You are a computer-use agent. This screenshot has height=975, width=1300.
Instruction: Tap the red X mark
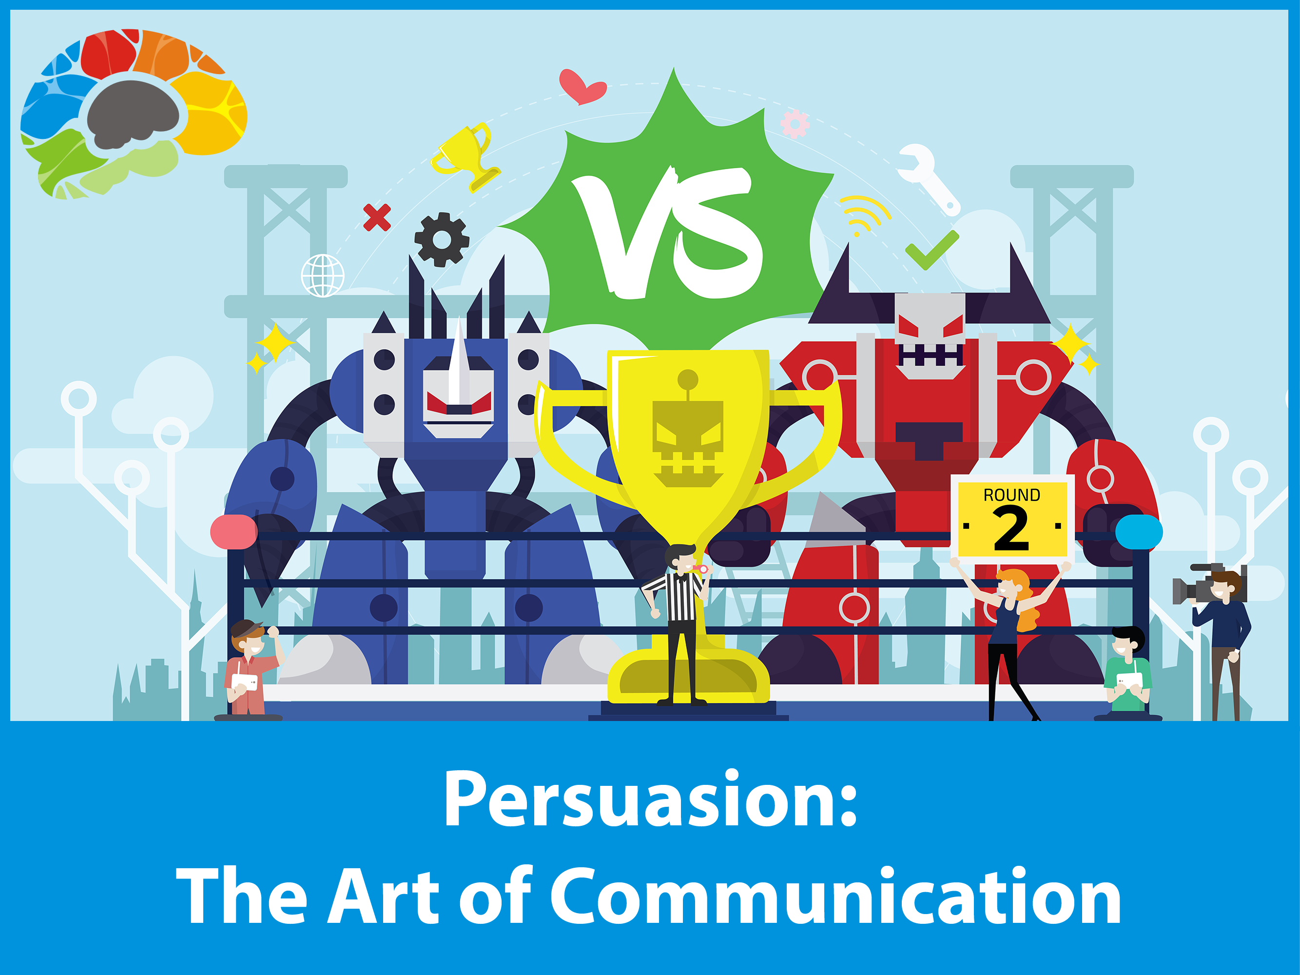[377, 217]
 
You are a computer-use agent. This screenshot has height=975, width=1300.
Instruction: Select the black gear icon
[442, 240]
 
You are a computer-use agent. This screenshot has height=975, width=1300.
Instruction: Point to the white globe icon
[323, 275]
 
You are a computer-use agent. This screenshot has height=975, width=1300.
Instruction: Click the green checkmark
[931, 251]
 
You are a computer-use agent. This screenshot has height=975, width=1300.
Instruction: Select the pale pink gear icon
[795, 124]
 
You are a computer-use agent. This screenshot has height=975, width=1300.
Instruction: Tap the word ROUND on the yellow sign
[1011, 495]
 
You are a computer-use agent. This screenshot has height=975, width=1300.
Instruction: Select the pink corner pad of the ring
[234, 532]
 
